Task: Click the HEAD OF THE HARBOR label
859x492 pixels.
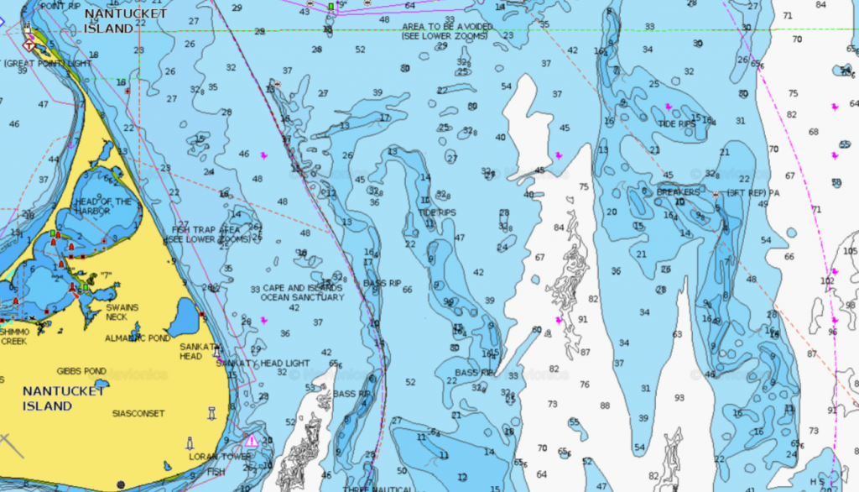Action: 104,207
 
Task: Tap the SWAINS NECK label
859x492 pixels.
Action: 122,312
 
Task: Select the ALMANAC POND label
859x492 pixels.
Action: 137,338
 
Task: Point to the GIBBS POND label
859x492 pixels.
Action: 81,370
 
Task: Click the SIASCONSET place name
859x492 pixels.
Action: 138,413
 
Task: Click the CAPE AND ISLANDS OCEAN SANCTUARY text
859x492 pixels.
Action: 303,292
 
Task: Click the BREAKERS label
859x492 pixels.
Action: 678,191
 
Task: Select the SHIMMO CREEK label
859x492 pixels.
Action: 14,337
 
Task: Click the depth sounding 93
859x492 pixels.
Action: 679,397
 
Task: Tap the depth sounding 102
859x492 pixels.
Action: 827,280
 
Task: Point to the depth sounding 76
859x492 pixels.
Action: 584,385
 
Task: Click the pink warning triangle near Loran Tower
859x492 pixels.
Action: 251,441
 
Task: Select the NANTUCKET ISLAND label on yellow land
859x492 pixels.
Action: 65,398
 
